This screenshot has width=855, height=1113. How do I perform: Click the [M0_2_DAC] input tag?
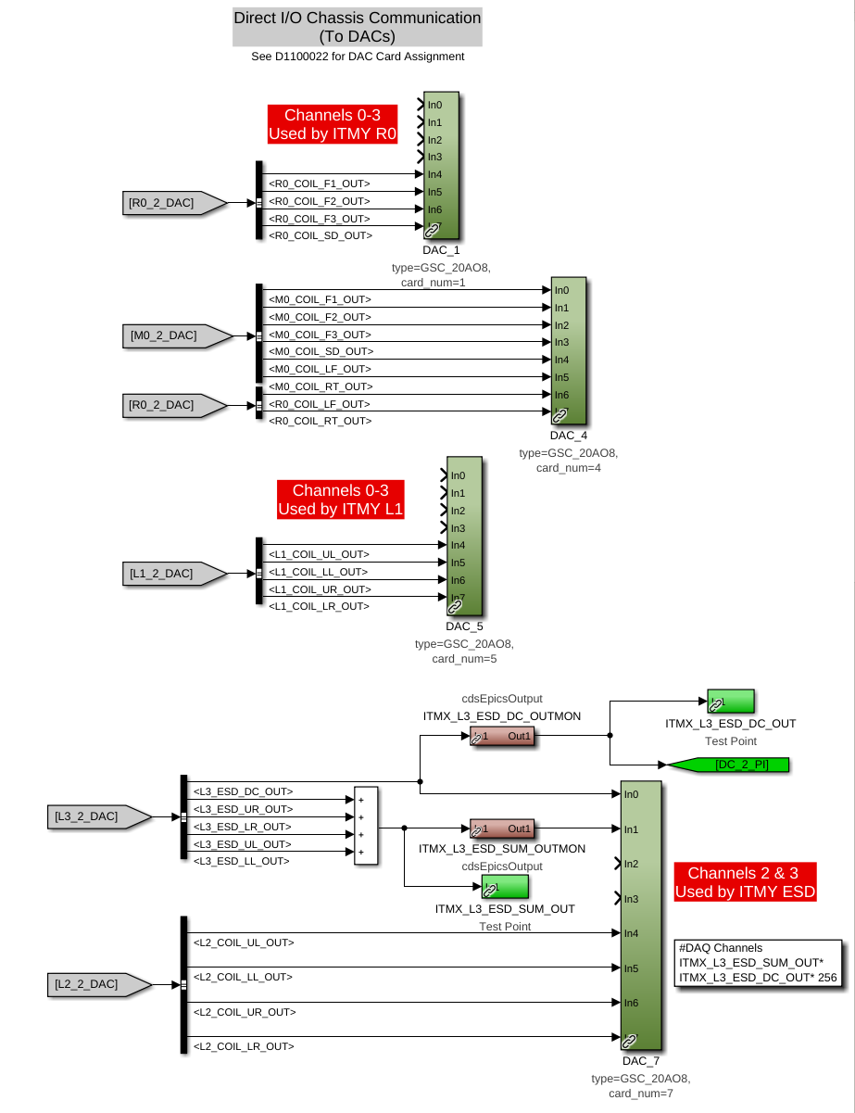177,336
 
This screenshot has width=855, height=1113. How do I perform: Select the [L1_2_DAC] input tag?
174,574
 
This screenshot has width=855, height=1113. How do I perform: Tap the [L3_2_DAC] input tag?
99,816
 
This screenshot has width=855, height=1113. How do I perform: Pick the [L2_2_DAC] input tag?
99,984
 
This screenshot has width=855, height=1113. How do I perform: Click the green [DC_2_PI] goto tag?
729,765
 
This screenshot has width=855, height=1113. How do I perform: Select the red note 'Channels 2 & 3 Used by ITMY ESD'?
745,882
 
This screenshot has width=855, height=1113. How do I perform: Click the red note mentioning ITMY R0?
333,124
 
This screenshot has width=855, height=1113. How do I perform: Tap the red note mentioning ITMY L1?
341,500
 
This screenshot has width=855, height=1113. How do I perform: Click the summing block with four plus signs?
366,825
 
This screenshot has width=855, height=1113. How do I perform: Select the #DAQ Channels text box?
759,963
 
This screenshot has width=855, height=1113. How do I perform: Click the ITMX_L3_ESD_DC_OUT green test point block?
731,702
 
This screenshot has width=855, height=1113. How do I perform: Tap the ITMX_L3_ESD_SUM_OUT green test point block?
505,887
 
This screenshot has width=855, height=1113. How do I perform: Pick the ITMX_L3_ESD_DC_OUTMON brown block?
502,736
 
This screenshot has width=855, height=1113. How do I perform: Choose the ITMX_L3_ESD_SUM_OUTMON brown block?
502,828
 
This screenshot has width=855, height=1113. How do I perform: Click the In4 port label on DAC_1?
434,174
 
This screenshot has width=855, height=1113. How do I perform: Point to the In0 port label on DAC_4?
561,290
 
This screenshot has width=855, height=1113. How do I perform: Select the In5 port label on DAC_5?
458,563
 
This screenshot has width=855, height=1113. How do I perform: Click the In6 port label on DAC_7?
631,1003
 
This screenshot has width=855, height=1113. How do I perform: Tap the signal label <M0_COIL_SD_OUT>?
321,351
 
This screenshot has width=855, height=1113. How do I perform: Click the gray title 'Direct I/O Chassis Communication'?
358,18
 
